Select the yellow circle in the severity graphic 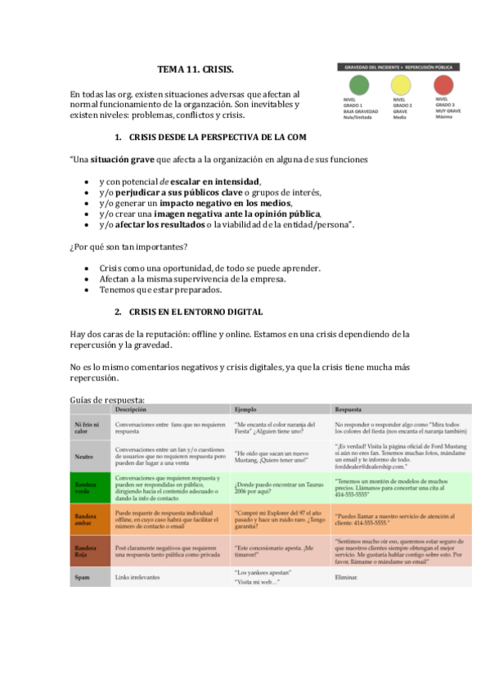(x=401, y=84)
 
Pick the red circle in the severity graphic (x=443, y=84)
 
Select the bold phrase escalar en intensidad (x=215, y=181)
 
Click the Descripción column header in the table (x=131, y=408)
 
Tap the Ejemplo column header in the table (x=246, y=408)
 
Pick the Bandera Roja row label (x=85, y=552)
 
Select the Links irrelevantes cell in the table (x=137, y=577)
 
